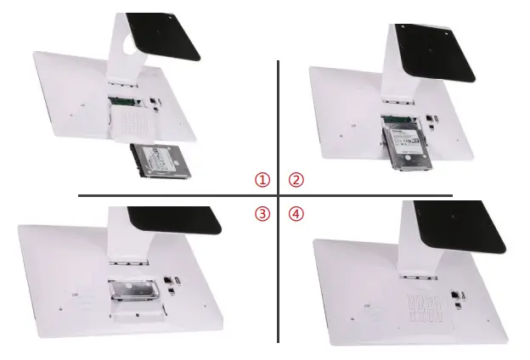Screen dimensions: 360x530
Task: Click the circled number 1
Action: click(263, 180)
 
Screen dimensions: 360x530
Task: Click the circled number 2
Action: click(296, 180)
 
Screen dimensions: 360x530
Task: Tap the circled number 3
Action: click(263, 214)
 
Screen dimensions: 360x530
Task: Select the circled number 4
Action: click(296, 214)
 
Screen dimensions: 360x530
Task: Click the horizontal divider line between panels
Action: click(170, 196)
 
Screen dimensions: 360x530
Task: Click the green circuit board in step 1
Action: click(121, 102)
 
